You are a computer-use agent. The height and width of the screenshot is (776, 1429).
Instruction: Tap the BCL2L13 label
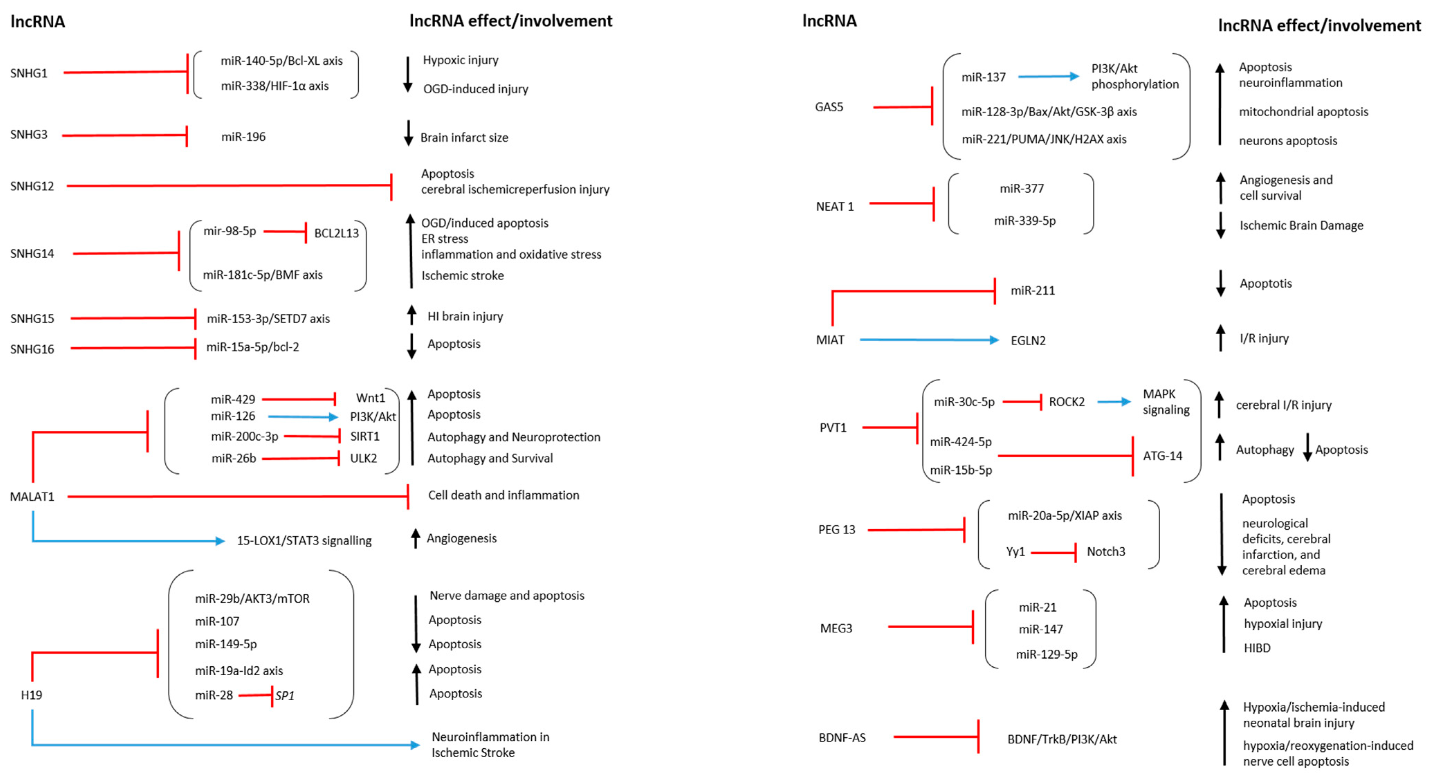coord(336,233)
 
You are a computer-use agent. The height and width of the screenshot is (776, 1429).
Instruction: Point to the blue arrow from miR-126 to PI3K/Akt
coord(302,417)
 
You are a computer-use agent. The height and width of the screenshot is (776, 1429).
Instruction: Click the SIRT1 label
coord(365,437)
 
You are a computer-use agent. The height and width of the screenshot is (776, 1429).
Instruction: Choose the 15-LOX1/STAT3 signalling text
coord(304,541)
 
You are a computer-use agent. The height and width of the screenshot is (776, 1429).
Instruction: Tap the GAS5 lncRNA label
coord(829,107)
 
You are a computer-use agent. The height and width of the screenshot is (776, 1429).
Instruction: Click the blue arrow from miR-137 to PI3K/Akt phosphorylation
coord(1048,76)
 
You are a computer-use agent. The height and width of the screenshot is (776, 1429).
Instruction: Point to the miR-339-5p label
coord(1025,221)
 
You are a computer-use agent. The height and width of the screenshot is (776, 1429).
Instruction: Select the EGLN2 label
coord(1028,340)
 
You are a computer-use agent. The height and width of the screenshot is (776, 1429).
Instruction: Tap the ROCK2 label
coord(1066,402)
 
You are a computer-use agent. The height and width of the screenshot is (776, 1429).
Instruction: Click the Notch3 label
coord(1106,552)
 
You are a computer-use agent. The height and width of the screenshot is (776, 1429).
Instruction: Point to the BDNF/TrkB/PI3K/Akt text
coord(1062,739)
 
